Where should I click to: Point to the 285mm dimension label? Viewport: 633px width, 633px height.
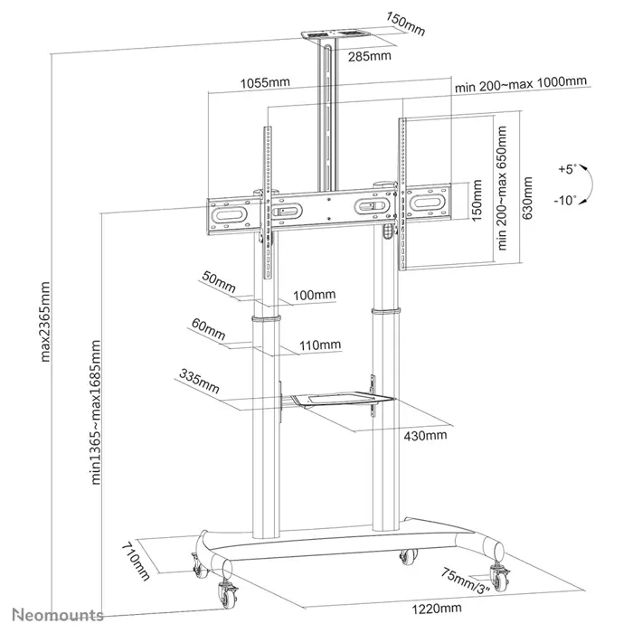[371, 55]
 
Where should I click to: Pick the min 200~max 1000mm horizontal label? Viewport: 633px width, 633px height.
[522, 82]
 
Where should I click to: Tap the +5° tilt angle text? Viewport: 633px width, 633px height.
[566, 168]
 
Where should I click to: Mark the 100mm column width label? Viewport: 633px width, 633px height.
[315, 295]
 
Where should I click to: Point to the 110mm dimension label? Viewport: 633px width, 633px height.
[319, 345]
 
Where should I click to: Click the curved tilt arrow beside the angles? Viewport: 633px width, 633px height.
[586, 184]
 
